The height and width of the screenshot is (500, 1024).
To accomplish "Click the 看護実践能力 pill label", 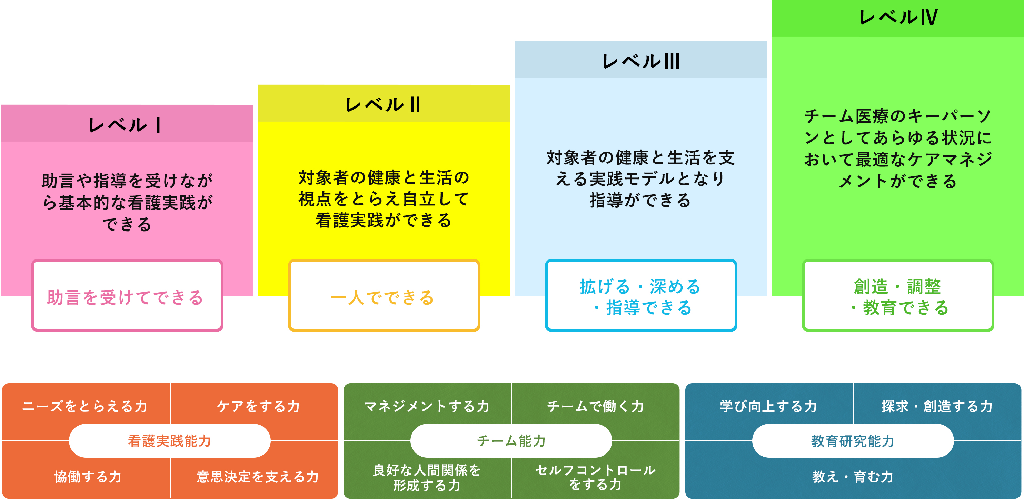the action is pos(170,441).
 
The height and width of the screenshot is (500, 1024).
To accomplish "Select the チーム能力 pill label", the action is pos(511,441).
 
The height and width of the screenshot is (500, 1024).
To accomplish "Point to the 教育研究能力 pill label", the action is pos(853,441).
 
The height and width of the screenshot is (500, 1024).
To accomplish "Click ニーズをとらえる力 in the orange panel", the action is pos(85,406).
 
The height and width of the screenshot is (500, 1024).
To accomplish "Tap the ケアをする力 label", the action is pos(258,406).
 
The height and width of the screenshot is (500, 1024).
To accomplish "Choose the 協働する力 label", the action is pos(88,477).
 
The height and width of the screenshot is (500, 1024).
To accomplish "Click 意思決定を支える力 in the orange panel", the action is pos(258,477).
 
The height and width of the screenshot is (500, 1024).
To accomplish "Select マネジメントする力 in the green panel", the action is pos(427,406).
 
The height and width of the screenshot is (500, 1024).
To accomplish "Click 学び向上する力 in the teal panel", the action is pos(768,406).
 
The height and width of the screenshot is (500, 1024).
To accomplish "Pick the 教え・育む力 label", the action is pos(853,477).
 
